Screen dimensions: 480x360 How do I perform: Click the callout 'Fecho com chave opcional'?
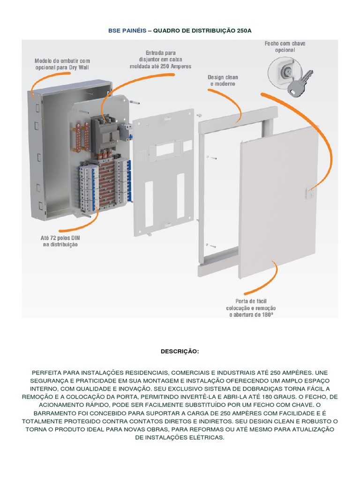[x=285, y=46]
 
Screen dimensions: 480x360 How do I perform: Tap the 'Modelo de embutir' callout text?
[x=62, y=64]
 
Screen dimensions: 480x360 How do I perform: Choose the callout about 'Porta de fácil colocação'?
[x=251, y=308]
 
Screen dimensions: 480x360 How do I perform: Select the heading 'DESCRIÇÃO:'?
[x=180, y=351]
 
